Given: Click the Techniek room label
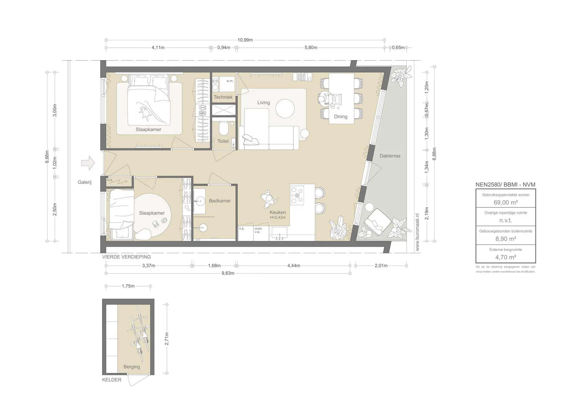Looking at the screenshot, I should click(x=223, y=97).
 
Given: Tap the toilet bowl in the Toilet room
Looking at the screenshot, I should click(x=223, y=129).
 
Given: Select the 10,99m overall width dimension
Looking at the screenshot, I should click(x=245, y=40).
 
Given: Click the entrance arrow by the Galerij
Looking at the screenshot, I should click(x=88, y=163).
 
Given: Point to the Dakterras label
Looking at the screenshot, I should click(x=390, y=156).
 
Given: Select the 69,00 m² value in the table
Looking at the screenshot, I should click(x=506, y=202).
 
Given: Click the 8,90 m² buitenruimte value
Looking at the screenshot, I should click(x=506, y=239).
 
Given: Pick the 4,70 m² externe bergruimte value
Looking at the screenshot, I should click(x=506, y=257).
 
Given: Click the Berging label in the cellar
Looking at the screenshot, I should click(x=132, y=367).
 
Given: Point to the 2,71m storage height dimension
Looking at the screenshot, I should click(x=167, y=339).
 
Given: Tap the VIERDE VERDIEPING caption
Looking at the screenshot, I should click(x=126, y=257).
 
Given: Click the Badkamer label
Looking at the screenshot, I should click(x=220, y=201).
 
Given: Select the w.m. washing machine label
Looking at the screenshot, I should click(x=230, y=81).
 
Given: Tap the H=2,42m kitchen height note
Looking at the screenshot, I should click(x=278, y=217).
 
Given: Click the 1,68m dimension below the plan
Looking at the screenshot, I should click(x=214, y=266).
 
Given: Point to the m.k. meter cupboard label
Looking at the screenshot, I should click(x=110, y=180).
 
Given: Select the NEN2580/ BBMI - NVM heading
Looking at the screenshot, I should click(x=505, y=185).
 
